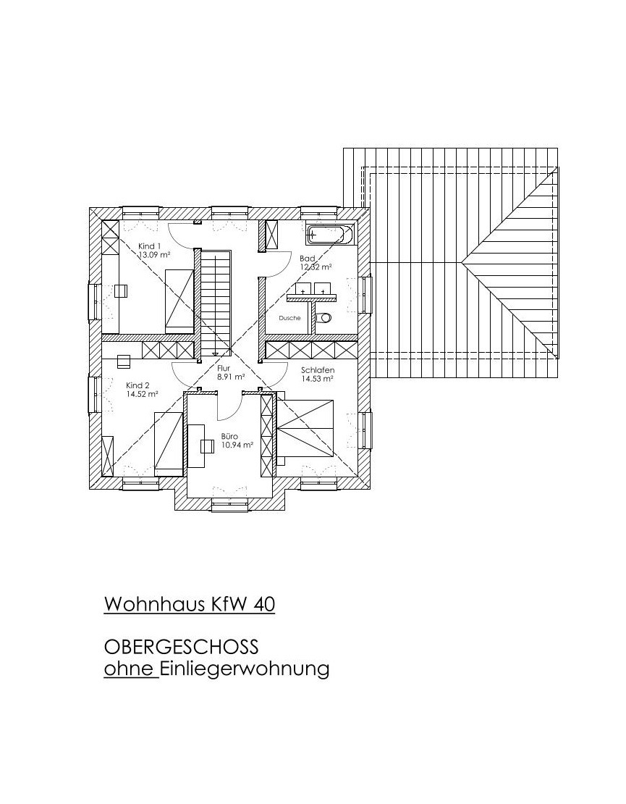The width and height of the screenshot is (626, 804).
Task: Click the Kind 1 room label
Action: pos(150,246)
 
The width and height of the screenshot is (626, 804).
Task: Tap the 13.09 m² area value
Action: pos(155,254)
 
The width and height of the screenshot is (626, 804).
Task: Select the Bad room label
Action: pos(308,259)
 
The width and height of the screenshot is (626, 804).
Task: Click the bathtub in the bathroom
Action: pos(330,234)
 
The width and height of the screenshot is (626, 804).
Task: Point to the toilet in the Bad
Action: pos(323,318)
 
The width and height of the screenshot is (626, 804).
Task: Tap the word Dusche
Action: pos(289,318)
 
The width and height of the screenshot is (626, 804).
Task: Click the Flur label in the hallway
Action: pos(224,368)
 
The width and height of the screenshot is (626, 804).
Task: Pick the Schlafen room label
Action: pos(318,370)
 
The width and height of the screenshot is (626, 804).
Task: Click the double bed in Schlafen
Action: pos(305,428)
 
